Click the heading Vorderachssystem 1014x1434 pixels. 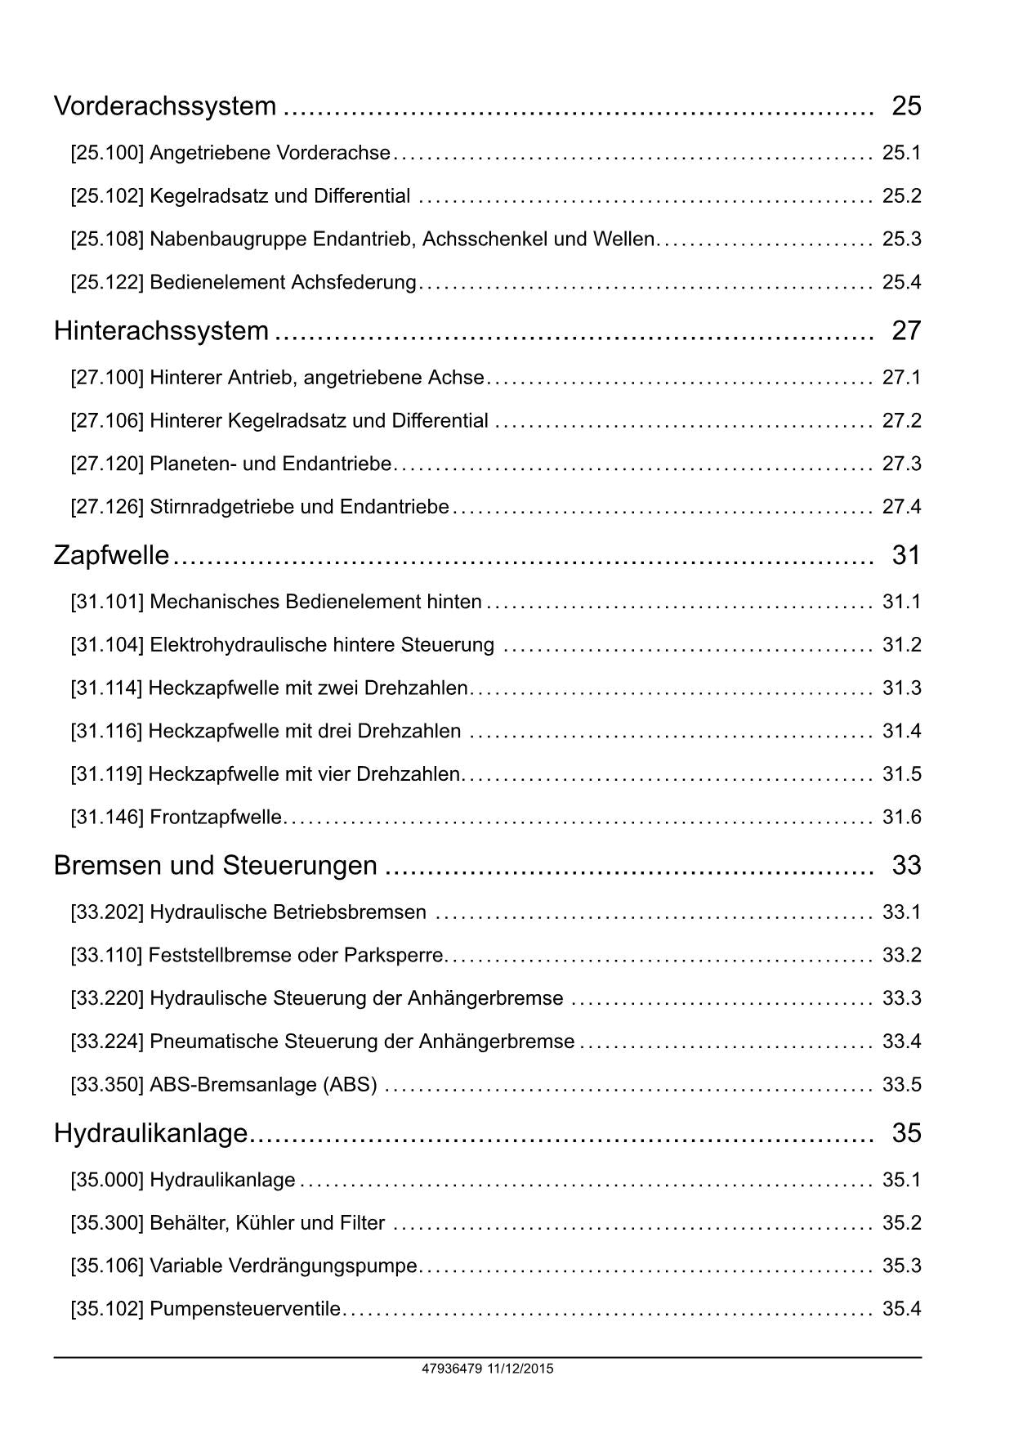pos(165,106)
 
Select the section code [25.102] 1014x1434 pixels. pos(107,196)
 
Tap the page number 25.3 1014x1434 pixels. pos(901,240)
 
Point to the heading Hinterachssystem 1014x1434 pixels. pos(161,331)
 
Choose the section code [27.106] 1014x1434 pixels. pos(107,421)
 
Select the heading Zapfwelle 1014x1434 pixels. pos(111,556)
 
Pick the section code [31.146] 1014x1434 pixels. pos(107,818)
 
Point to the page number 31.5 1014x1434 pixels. pos(901,774)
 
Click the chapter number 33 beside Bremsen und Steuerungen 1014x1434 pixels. pos(906,866)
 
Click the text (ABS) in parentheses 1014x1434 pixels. pos(351,1086)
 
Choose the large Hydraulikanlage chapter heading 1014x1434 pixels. pos(150,1133)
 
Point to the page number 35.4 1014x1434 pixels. pos(901,1310)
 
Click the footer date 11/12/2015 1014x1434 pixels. pos(520,1369)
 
